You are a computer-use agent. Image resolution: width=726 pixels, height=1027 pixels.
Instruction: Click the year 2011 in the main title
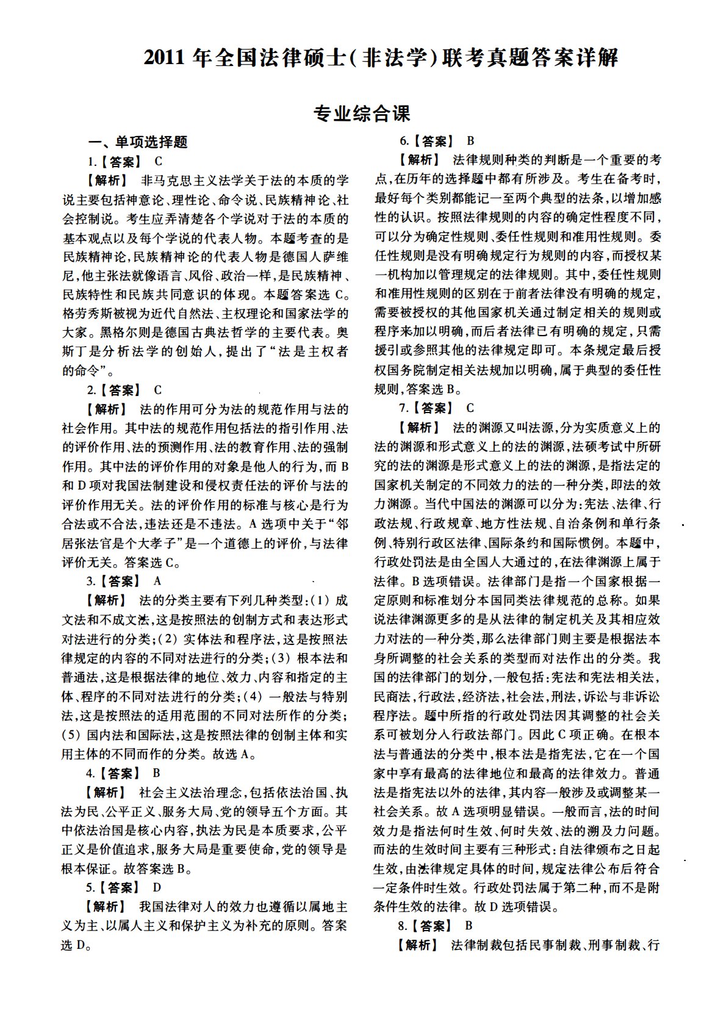(165, 58)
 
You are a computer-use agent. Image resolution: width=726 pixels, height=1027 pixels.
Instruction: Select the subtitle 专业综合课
(362, 114)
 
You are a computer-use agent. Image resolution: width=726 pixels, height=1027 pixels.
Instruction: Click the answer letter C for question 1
(159, 162)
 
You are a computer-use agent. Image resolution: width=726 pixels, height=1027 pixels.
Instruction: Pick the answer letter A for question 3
(158, 581)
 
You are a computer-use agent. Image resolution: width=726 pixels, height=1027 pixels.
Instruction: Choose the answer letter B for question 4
(157, 773)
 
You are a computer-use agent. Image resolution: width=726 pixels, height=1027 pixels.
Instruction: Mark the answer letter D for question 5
(157, 887)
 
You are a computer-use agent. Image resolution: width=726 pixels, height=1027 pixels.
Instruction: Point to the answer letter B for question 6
(470, 141)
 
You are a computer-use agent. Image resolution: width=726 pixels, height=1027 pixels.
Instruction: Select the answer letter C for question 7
(470, 408)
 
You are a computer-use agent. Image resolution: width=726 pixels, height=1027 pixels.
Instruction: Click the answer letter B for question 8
(469, 926)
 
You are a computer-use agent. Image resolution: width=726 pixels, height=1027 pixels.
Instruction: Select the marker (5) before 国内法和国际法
(71, 734)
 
